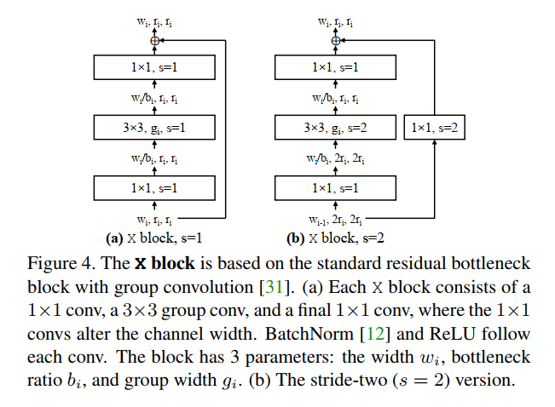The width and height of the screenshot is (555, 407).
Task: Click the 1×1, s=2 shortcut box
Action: pos(434,129)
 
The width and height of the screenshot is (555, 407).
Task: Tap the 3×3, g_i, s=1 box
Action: pos(154,129)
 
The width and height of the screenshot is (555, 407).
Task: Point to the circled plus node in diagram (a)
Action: pos(154,40)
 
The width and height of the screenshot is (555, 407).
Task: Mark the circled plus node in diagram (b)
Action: pos(335,40)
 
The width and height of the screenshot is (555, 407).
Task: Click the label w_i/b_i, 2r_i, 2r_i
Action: pos(335,158)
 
